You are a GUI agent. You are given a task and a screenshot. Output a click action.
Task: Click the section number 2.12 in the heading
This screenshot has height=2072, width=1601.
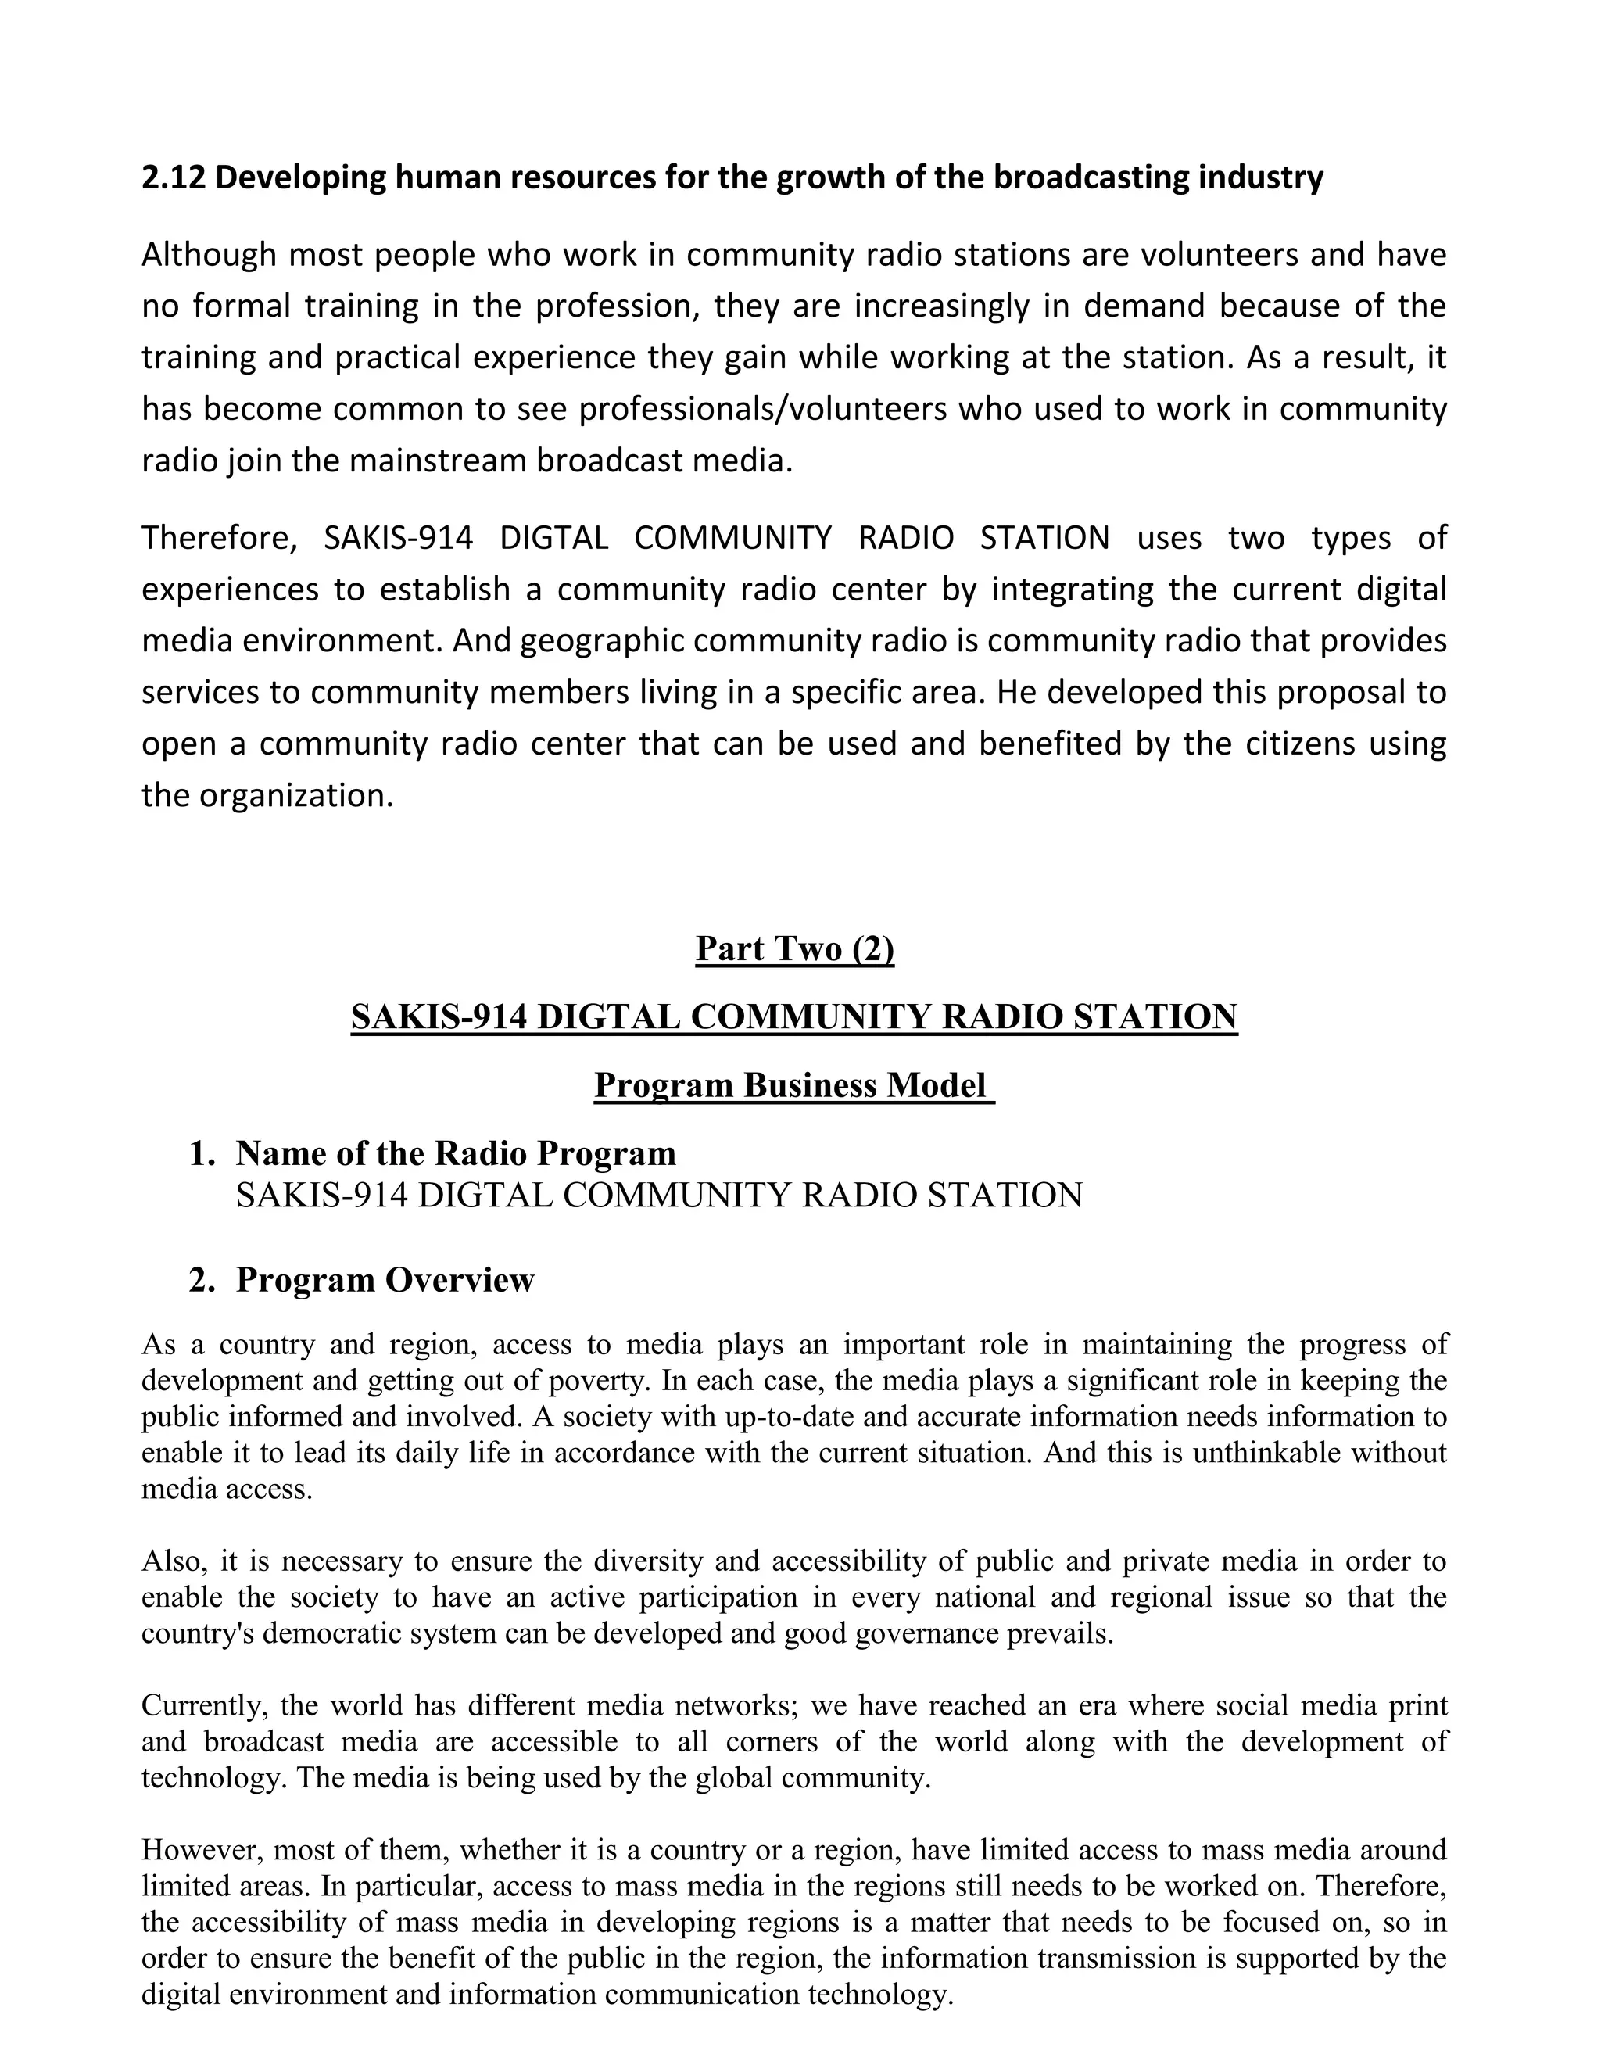[x=173, y=177]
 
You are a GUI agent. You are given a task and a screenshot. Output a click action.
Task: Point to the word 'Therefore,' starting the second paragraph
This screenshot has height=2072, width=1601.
[x=219, y=538]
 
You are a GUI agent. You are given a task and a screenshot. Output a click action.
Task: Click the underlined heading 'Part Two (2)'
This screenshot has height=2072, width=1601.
[x=795, y=948]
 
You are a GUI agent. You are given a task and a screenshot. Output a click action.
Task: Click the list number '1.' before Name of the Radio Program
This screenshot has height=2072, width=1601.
[x=202, y=1153]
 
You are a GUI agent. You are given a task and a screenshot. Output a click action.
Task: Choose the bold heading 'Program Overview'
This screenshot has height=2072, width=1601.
[x=385, y=1280]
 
